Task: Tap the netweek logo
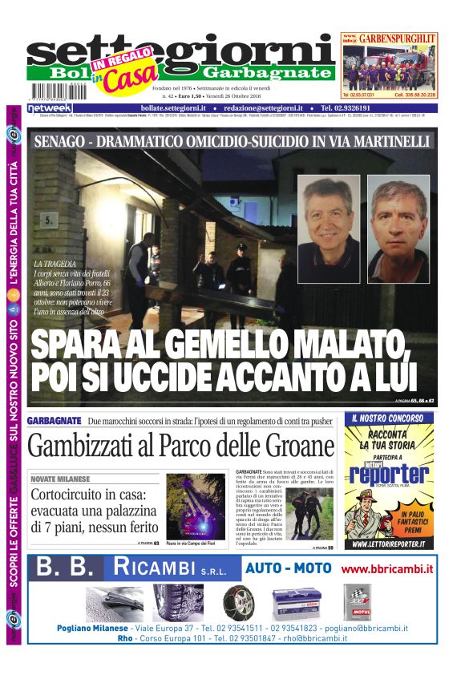click(51, 108)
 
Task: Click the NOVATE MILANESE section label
click(61, 479)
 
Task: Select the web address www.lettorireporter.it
click(389, 544)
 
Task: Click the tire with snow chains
click(237, 601)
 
